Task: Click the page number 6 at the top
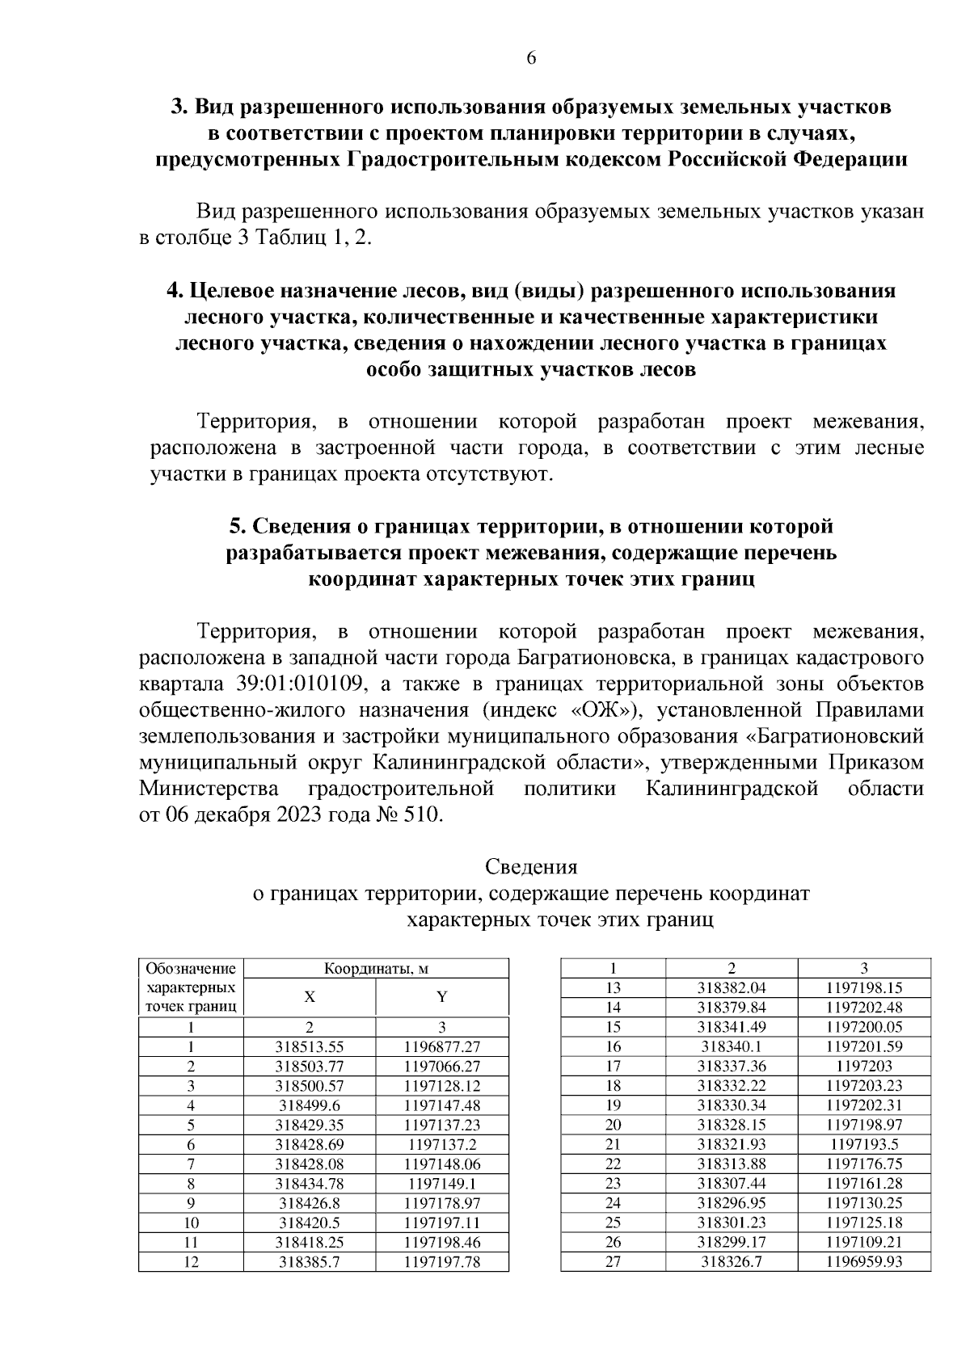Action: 531,58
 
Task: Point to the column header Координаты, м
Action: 376,969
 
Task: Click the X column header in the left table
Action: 309,997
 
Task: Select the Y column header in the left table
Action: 441,997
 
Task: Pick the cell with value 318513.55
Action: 309,1046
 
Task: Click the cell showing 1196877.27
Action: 441,1046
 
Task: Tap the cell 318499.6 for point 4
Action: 309,1105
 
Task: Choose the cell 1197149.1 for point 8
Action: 441,1185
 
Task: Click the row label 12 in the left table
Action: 191,1263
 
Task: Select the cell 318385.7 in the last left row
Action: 309,1263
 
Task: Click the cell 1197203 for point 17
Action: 864,1066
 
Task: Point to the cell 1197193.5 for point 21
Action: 864,1144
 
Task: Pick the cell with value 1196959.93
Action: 864,1263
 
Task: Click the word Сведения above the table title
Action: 531,867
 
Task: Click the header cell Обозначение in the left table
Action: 191,969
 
